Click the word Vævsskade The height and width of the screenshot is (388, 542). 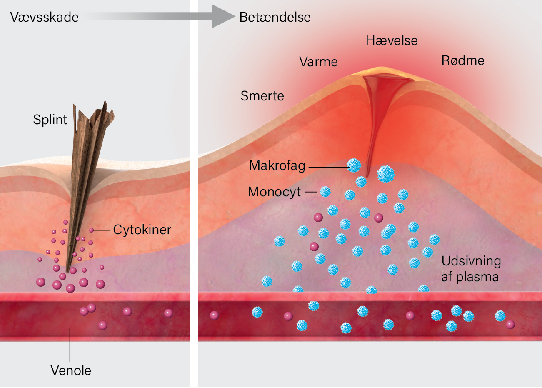click(44, 17)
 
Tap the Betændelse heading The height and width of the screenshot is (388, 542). click(275, 17)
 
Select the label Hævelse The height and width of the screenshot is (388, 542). click(392, 40)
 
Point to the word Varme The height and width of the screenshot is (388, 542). click(318, 62)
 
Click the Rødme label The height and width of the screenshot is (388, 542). click(463, 60)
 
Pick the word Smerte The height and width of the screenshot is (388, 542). click(262, 96)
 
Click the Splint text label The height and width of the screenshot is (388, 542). click(50, 120)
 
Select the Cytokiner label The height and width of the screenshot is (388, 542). click(142, 230)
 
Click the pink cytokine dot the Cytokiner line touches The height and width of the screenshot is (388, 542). click(91, 230)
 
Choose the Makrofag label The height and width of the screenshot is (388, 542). click(277, 166)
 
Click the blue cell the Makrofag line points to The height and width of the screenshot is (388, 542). click(354, 165)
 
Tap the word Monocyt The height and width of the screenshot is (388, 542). click(275, 192)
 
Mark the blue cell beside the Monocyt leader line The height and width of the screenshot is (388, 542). click(325, 192)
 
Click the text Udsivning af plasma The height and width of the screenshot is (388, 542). click(471, 269)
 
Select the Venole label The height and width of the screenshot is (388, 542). click(71, 370)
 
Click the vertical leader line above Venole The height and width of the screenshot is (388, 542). click(70, 345)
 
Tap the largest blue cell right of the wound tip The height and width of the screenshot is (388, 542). click(386, 174)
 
